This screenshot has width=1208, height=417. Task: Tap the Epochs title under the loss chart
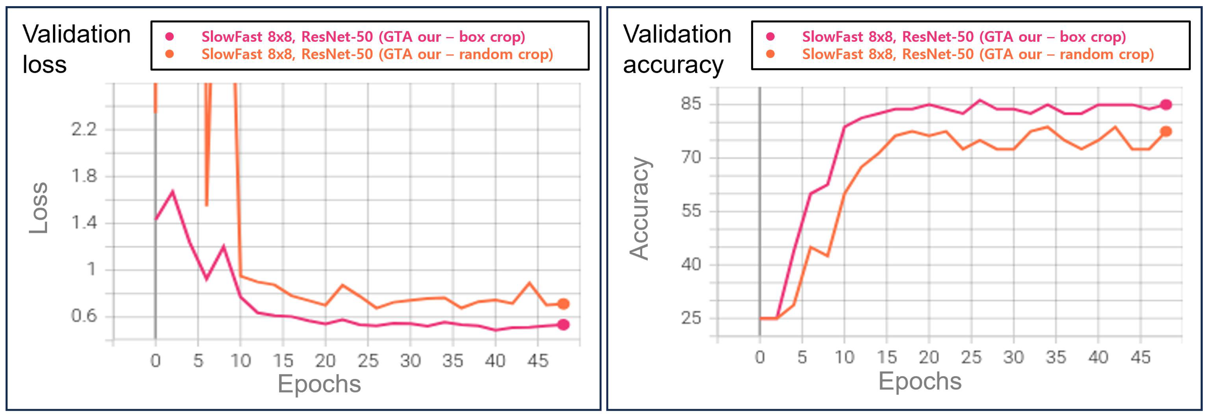click(319, 384)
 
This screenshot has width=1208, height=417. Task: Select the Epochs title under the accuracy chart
click(920, 381)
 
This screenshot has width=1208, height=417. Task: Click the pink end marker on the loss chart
click(563, 325)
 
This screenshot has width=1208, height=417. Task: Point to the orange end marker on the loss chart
click(563, 304)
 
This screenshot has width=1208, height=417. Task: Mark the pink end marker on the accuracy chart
click(1166, 105)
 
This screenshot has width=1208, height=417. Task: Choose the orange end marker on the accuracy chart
click(1166, 131)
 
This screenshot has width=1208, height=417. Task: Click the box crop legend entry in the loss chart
click(363, 37)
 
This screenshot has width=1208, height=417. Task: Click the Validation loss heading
click(76, 49)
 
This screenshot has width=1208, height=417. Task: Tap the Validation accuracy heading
click(677, 49)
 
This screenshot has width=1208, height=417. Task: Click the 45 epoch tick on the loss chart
click(537, 361)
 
